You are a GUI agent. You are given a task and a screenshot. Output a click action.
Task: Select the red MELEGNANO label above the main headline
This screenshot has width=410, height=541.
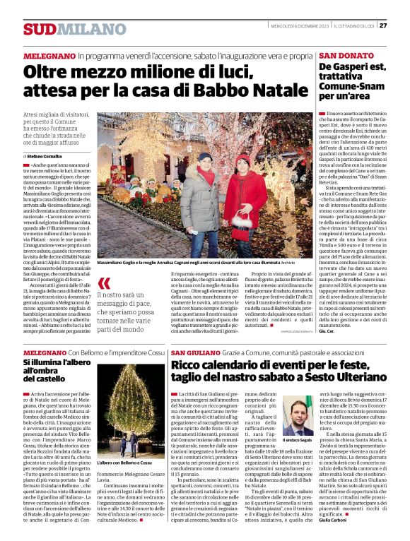pos(49,55)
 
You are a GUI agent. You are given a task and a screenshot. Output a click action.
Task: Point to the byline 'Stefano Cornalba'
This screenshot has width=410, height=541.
pos(45,155)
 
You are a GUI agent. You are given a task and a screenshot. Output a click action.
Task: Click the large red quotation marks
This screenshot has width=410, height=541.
pos(104,283)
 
